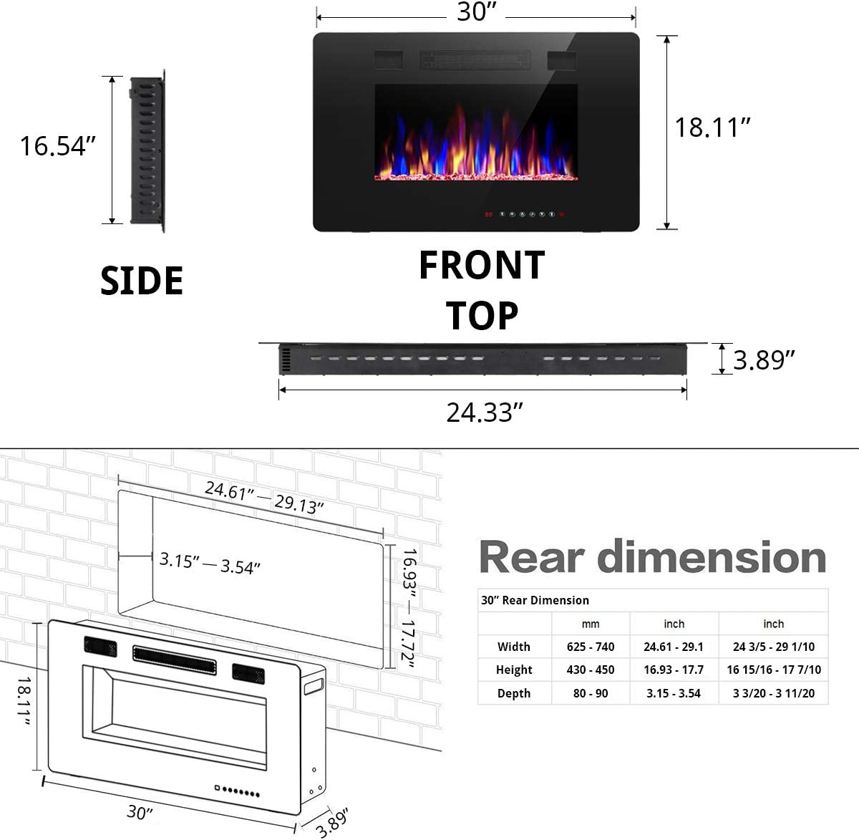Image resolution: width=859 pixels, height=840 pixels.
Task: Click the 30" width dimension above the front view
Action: tap(477, 12)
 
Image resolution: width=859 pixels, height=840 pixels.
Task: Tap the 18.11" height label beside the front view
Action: tap(713, 127)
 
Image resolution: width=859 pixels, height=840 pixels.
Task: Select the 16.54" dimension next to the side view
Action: tap(57, 146)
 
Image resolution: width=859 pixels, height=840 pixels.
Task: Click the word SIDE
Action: tap(142, 281)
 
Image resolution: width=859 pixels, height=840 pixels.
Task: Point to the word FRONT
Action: tap(482, 266)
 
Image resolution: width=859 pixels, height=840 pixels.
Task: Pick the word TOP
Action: tap(482, 316)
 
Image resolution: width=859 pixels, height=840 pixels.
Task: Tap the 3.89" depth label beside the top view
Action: tap(764, 360)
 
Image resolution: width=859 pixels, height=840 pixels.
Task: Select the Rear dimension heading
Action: tap(652, 557)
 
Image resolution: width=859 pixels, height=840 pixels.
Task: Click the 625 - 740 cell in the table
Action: tap(591, 647)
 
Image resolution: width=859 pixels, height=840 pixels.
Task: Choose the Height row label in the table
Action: tap(514, 670)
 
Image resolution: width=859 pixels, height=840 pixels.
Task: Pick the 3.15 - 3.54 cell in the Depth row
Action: tap(674, 693)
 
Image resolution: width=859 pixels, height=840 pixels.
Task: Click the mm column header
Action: tap(591, 624)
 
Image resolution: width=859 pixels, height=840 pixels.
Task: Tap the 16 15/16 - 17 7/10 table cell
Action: tap(774, 670)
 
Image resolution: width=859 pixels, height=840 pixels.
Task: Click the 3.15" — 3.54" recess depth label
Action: tap(210, 563)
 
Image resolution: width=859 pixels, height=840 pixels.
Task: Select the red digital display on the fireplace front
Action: tap(488, 214)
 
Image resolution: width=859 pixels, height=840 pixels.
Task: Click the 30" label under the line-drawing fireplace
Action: tap(140, 812)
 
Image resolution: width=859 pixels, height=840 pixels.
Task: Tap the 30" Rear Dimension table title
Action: tap(535, 600)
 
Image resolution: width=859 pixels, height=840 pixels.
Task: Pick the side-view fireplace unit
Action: tap(146, 151)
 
